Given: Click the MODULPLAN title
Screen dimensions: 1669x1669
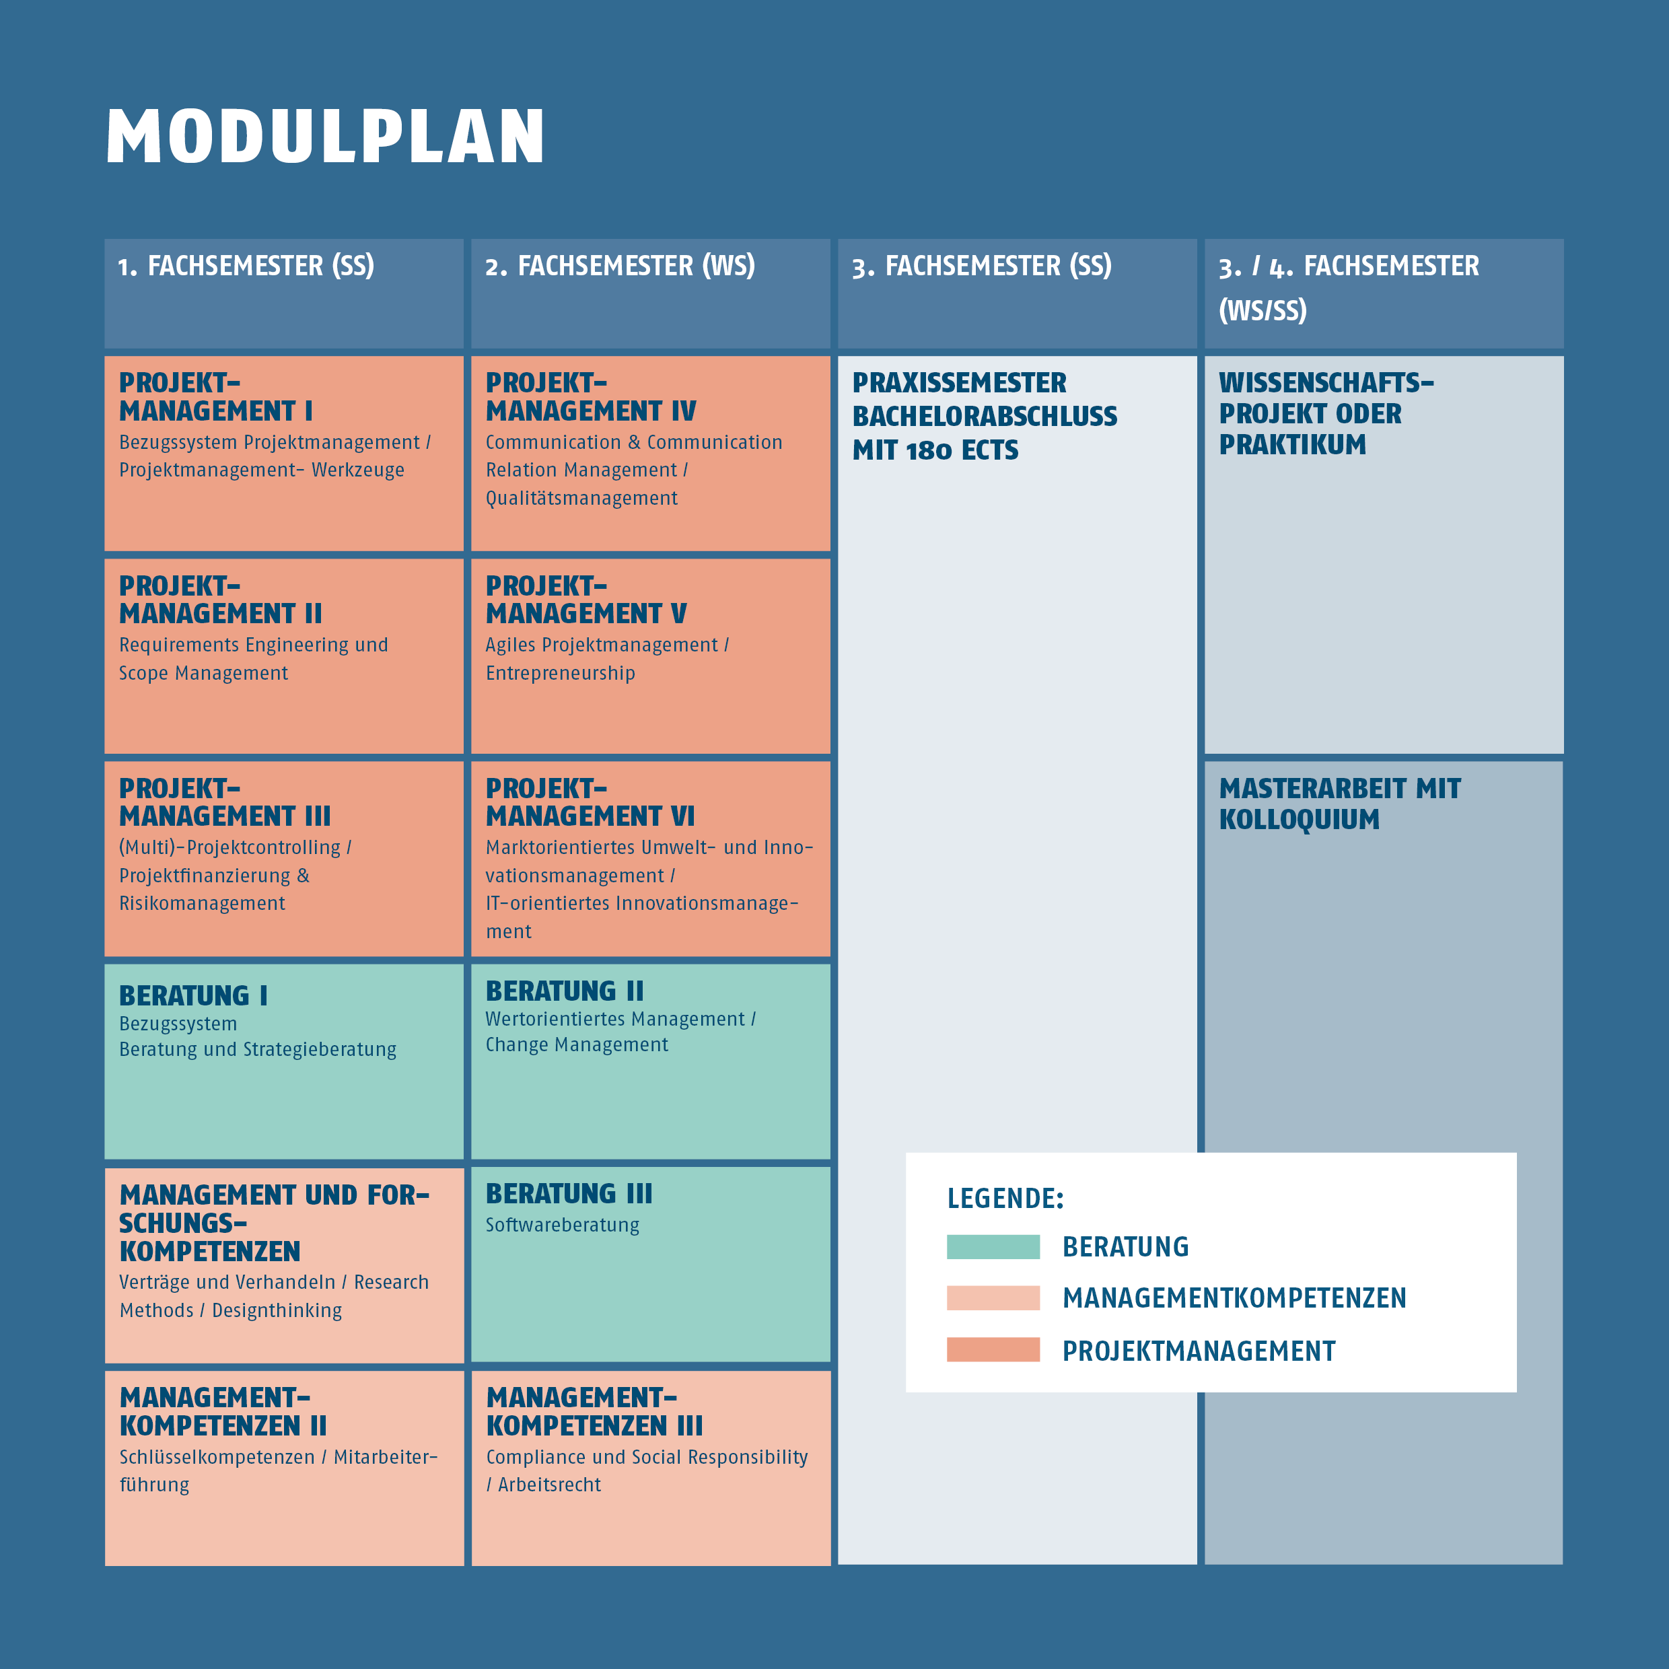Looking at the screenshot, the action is point(325,136).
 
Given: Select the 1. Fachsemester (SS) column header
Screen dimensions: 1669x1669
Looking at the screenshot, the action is point(246,266).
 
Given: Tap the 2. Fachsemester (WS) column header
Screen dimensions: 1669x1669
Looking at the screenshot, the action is point(619,266).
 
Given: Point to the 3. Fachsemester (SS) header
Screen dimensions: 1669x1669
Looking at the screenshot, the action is point(981,266).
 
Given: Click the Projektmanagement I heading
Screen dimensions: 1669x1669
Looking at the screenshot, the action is point(216,396).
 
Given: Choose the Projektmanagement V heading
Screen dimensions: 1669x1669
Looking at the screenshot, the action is point(585,600).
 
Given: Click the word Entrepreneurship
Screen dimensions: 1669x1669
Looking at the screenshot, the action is point(561,673).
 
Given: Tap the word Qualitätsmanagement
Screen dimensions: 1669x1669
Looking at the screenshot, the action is point(581,499).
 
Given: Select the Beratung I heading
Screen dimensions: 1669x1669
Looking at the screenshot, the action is point(194,995).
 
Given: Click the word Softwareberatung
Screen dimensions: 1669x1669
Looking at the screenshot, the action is point(563,1225).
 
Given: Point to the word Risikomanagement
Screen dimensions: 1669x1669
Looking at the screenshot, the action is point(202,904).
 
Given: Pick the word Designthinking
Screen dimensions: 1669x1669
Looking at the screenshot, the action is point(277,1310).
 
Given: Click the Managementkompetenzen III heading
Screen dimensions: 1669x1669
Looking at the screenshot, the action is point(594,1411).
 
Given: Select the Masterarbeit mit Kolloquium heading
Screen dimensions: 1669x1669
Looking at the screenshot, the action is point(1340,804).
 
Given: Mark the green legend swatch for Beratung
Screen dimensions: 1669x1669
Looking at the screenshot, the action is point(993,1246).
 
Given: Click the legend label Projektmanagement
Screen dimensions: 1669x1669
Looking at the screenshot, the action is point(1199,1351).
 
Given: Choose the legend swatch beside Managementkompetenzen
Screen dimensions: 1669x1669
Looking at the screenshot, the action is point(993,1298).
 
